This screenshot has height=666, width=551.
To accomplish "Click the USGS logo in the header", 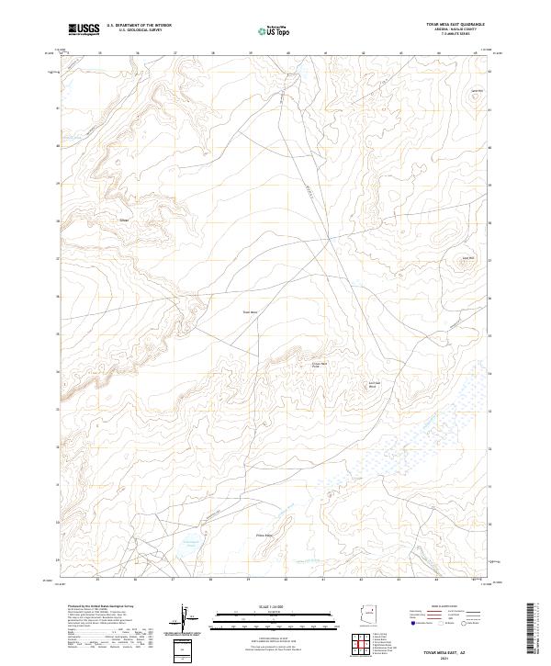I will tap(84, 29).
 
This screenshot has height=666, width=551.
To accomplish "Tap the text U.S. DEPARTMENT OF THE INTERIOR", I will tap(139, 27).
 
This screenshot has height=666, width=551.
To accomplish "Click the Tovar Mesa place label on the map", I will tap(251, 312).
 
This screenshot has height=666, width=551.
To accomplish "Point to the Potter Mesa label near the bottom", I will tap(264, 535).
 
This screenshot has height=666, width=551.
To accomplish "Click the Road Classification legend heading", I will tap(436, 606).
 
